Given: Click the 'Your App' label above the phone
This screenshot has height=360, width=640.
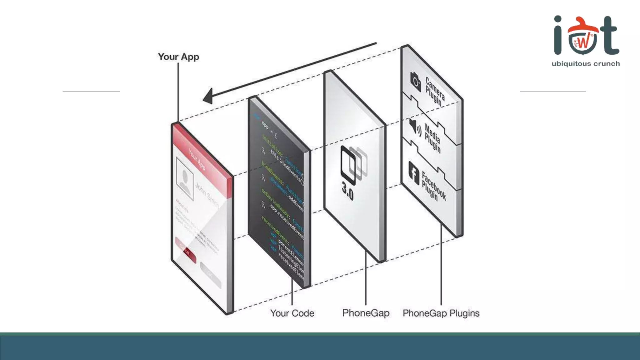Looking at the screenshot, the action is tap(178, 57).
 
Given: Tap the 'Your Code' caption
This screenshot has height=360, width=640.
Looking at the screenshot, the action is tap(292, 313).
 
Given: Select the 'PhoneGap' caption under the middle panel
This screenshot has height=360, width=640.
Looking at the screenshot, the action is tap(366, 313).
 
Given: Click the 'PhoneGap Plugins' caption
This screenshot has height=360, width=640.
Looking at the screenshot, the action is tap(441, 313).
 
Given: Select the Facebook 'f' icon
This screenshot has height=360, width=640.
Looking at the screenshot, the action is tap(414, 173).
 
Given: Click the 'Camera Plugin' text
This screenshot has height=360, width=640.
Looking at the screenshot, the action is tap(435, 92).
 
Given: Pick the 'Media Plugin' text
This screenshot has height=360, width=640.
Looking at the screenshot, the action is tap(432, 138).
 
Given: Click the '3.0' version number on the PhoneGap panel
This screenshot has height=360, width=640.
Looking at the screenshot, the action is tap(347, 191).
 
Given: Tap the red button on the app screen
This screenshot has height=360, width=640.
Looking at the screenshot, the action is tap(186, 250).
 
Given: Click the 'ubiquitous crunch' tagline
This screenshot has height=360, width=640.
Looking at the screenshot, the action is tap(586, 64).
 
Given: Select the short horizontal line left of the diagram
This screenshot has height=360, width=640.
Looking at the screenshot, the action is tap(91, 91).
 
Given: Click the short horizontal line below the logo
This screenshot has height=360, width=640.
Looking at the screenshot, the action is tap(552, 91).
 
